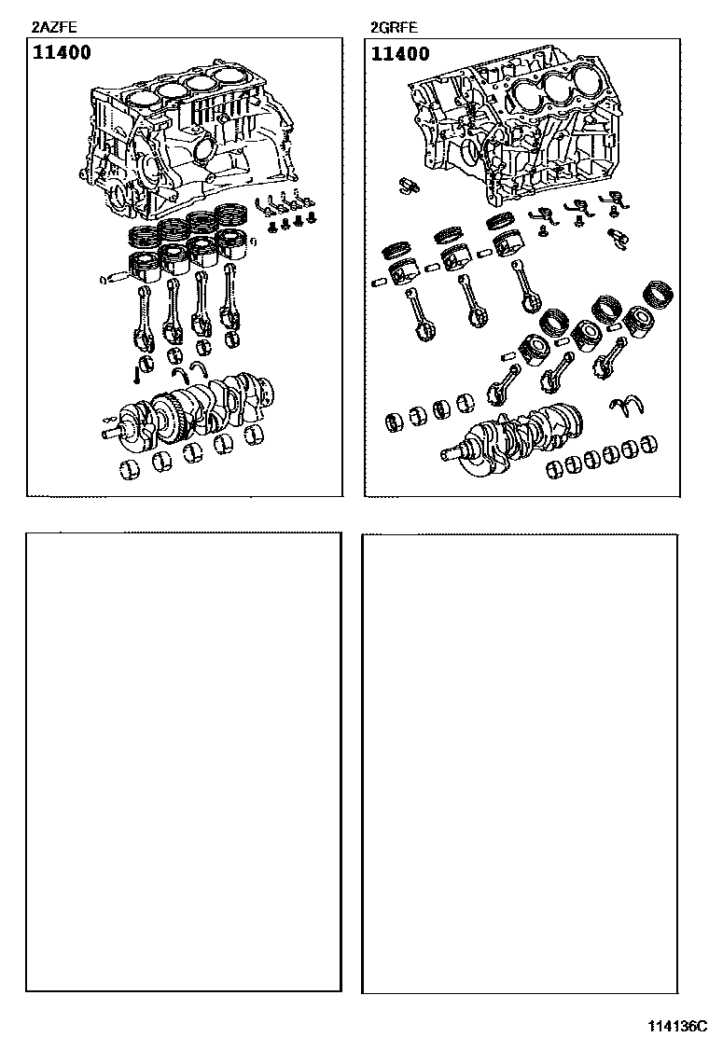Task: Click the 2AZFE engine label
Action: pyautogui.click(x=54, y=27)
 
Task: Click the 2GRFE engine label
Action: pyautogui.click(x=395, y=28)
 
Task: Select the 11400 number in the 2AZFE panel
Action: pyautogui.click(x=63, y=52)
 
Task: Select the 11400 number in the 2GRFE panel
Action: pyautogui.click(x=400, y=53)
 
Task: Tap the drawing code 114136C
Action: pyautogui.click(x=676, y=1026)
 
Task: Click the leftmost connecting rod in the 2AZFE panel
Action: pyautogui.click(x=145, y=316)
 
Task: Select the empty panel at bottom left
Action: pyautogui.click(x=184, y=762)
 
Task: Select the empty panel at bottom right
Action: pyautogui.click(x=520, y=763)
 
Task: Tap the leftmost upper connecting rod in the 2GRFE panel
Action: pyautogui.click(x=418, y=315)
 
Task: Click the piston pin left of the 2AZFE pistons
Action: pyautogui.click(x=113, y=279)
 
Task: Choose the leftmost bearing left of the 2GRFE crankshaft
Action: pyautogui.click(x=396, y=420)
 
